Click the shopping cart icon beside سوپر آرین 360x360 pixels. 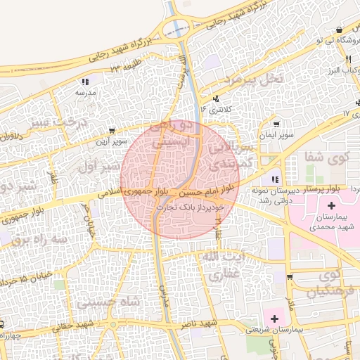tap(112, 131)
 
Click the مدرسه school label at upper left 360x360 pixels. tap(85, 92)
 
